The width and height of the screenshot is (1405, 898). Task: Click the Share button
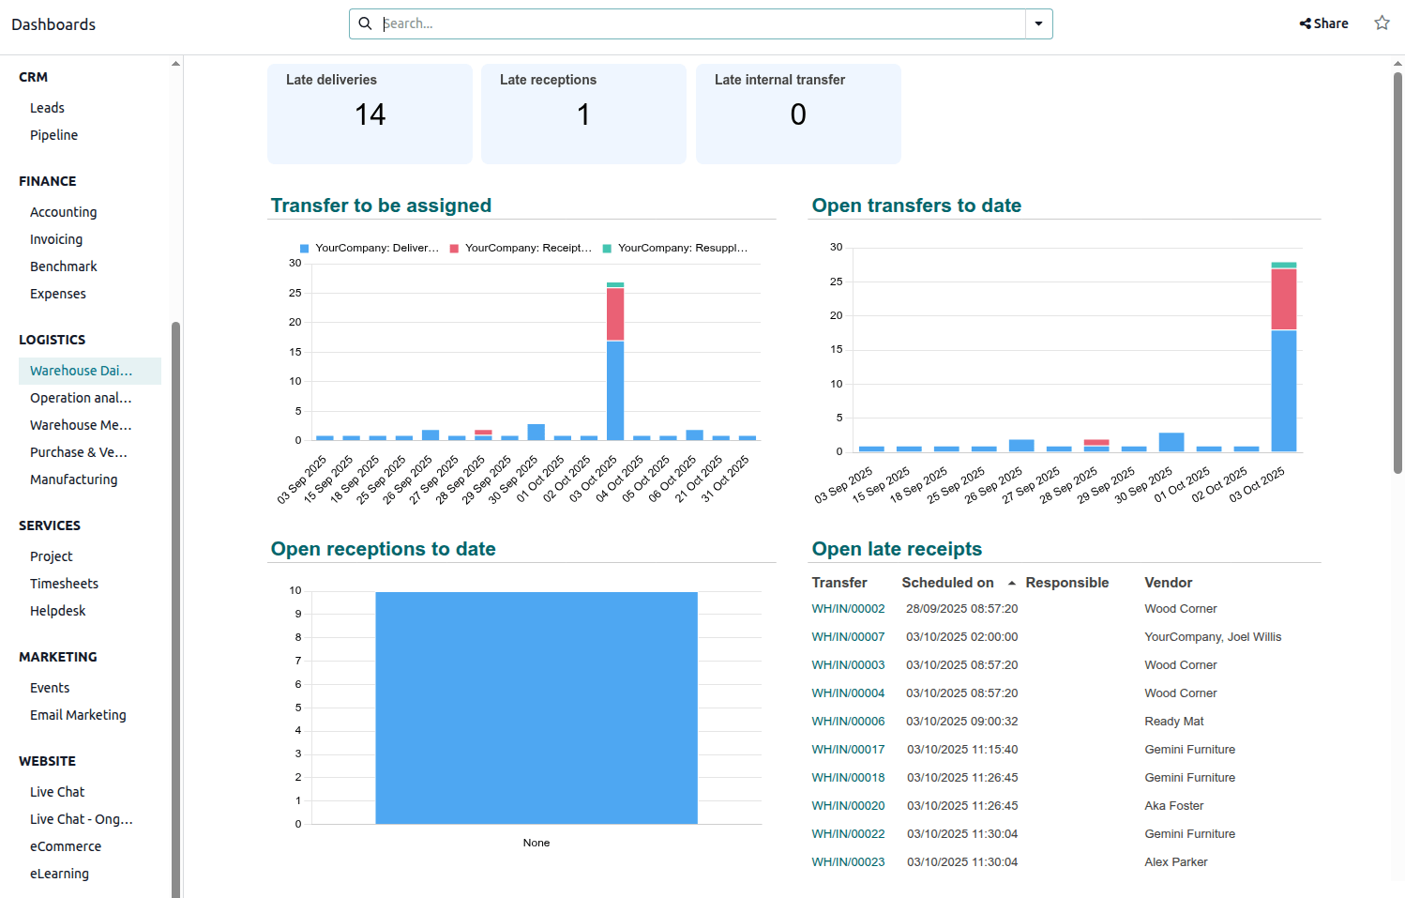click(1323, 23)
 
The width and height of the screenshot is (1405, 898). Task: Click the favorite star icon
click(1382, 23)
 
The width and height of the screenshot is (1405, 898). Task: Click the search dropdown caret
click(1038, 23)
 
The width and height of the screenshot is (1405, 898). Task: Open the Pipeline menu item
click(53, 135)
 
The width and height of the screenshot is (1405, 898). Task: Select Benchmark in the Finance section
click(63, 266)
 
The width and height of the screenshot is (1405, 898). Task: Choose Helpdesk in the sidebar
click(57, 611)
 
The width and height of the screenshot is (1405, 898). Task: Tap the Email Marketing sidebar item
click(78, 715)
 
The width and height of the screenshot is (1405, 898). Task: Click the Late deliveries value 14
click(370, 114)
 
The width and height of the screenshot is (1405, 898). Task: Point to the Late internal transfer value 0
click(797, 114)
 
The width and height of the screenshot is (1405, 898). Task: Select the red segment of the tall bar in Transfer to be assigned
click(615, 313)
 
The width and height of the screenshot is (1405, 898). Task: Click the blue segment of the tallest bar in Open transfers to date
click(1283, 390)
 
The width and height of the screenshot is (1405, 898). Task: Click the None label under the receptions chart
click(536, 843)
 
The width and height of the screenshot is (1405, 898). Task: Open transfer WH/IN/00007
click(848, 637)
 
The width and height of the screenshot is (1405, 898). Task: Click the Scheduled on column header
click(947, 583)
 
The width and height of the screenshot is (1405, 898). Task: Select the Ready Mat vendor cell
click(1173, 722)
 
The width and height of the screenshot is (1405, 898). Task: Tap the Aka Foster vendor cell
click(1173, 806)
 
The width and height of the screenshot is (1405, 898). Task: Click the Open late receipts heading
click(897, 549)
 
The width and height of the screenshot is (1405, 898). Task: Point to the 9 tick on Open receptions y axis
click(298, 614)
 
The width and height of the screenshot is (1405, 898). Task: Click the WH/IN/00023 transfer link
click(848, 862)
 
